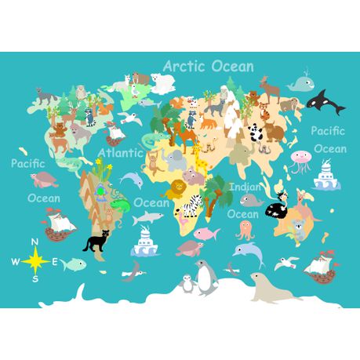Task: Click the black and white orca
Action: point(325,100)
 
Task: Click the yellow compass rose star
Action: point(35,259)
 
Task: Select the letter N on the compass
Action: point(35,242)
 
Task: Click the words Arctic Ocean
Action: point(208,66)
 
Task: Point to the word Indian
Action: point(245,187)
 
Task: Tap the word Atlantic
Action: point(120,153)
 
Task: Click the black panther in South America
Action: point(97,242)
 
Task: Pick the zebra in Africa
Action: point(193,206)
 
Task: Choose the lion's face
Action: point(178,189)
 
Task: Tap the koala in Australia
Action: point(298,229)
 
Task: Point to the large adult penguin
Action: point(205,277)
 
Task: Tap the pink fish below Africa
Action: point(205,233)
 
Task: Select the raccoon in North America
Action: point(91,116)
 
